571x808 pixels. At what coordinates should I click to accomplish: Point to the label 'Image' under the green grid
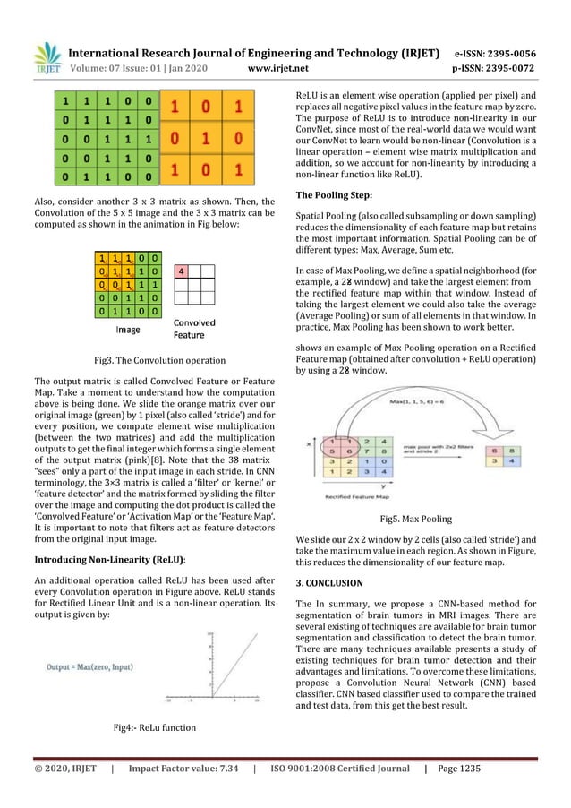[x=129, y=329]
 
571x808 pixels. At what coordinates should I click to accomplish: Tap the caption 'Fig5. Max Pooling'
[x=415, y=519]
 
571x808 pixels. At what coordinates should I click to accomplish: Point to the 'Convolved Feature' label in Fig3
[x=193, y=329]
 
